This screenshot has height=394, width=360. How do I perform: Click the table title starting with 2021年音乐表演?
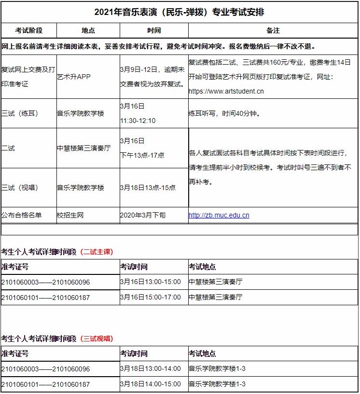point(180,12)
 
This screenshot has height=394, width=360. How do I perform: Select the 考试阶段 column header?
point(29,30)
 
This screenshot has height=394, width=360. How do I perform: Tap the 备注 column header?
point(273,30)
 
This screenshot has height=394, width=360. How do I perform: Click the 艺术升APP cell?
point(74,77)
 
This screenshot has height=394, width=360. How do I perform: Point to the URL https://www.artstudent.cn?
point(226,91)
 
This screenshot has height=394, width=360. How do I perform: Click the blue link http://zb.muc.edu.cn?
point(219,215)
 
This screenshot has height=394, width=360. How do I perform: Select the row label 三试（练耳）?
point(20,113)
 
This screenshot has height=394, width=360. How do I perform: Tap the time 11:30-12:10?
point(138,121)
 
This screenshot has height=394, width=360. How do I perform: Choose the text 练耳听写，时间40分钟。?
point(224,114)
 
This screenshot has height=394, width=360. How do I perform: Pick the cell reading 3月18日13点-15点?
point(148,188)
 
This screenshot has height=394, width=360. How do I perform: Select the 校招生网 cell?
point(70,215)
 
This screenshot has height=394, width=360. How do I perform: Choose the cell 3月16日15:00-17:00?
point(151,297)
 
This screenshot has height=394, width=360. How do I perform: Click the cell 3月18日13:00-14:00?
point(151,369)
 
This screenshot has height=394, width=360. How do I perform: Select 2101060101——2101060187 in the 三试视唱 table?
point(46,384)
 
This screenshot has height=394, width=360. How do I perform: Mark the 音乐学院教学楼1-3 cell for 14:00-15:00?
point(217,384)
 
